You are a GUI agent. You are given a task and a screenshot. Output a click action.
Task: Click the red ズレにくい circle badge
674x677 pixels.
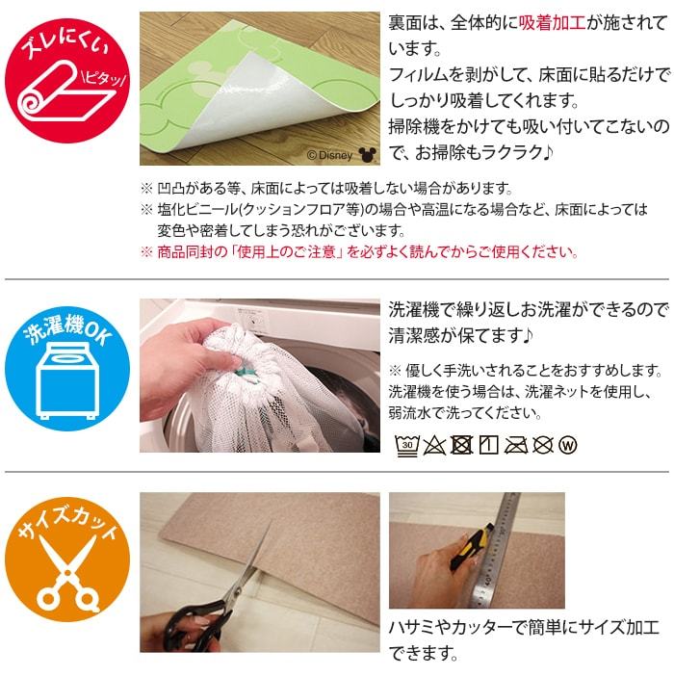pyautogui.click(x=67, y=81)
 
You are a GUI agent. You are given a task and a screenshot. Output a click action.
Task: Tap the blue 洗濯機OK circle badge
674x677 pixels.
pyautogui.click(x=67, y=368)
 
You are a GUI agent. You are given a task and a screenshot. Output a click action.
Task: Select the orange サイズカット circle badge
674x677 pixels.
pyautogui.click(x=67, y=560)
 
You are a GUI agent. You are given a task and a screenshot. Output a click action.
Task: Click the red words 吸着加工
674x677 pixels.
pyautogui.click(x=552, y=22)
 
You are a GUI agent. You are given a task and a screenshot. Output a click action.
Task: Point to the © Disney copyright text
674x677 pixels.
pyautogui.click(x=329, y=155)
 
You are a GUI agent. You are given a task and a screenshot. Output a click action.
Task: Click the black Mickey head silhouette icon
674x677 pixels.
pyautogui.click(x=368, y=155)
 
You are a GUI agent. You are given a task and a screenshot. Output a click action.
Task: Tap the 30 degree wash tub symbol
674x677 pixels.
pyautogui.click(x=406, y=445)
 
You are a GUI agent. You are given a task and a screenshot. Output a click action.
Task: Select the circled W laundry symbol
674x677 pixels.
pyautogui.click(x=568, y=445)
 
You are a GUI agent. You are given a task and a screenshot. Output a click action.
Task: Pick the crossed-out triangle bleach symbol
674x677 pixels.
pyautogui.click(x=434, y=445)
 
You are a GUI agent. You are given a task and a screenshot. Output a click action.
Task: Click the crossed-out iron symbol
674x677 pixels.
pyautogui.click(x=516, y=445)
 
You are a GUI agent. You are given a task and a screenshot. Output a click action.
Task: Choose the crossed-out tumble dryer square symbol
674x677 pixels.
pyautogui.click(x=461, y=445)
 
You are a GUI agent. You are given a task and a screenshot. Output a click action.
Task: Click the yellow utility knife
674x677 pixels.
pyautogui.click(x=471, y=547)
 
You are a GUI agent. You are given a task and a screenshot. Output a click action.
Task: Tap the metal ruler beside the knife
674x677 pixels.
pyautogui.click(x=496, y=550)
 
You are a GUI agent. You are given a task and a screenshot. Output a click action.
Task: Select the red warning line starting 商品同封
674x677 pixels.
pyautogui.click(x=360, y=251)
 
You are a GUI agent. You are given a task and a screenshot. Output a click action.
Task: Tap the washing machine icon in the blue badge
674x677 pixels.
pyautogui.click(x=65, y=380)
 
